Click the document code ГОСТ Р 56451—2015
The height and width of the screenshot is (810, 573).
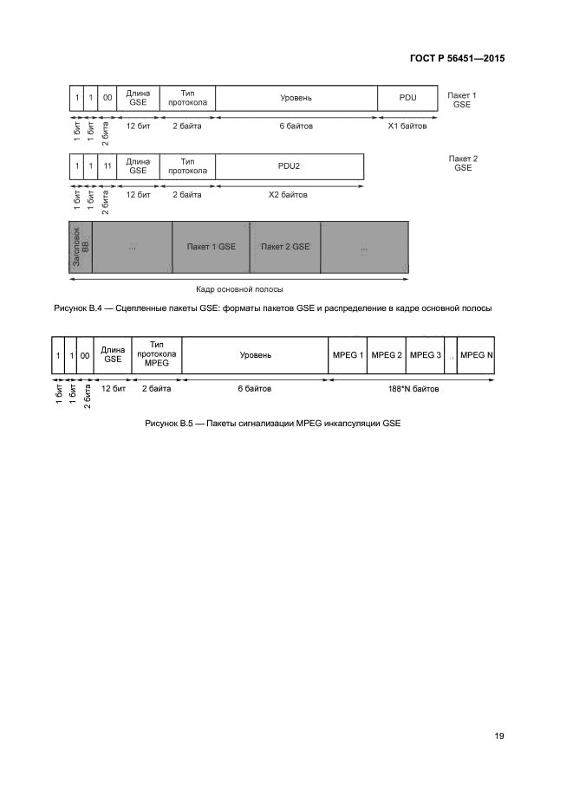(x=457, y=59)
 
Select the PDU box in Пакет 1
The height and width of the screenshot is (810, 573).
(x=407, y=98)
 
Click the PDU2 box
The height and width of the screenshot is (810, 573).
(x=290, y=165)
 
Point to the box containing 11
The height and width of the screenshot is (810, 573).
(x=107, y=165)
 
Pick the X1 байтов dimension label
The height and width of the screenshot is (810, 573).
(x=407, y=126)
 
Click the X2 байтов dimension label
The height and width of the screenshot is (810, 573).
(x=290, y=195)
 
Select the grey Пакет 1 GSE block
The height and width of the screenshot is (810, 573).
(x=211, y=247)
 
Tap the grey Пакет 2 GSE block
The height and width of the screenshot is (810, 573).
(x=285, y=247)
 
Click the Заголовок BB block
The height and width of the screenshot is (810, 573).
(x=80, y=247)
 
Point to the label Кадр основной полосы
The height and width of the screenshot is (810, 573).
(x=239, y=289)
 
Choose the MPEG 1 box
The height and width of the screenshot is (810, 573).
(x=347, y=355)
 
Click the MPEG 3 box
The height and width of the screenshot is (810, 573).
(x=425, y=355)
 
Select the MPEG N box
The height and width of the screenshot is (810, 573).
(x=477, y=355)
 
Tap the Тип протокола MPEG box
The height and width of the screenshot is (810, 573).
(x=157, y=355)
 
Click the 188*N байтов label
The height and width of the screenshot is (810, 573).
(x=413, y=389)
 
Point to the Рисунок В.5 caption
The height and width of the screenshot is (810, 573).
(x=273, y=424)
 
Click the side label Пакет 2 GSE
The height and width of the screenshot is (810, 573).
(x=462, y=163)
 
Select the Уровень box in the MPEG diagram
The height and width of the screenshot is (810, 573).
(x=256, y=355)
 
